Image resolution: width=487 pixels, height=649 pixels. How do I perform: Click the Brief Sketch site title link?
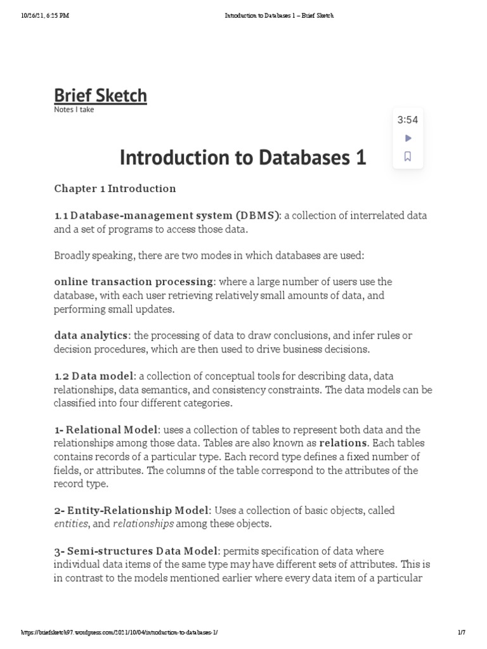coord(100,96)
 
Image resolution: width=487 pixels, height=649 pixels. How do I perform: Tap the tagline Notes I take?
coord(74,110)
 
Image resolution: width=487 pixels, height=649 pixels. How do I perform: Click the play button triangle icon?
coord(408,138)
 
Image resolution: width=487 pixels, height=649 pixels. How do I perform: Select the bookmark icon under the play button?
coord(408,157)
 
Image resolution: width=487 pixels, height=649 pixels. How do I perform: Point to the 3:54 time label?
coord(408,120)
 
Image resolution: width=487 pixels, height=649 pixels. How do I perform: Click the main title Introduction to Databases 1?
coord(243,157)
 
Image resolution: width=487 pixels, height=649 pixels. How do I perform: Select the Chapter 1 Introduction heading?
coord(115,188)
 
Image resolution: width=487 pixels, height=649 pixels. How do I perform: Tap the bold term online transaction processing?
coord(133,281)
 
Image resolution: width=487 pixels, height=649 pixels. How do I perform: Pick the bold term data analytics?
coord(91,335)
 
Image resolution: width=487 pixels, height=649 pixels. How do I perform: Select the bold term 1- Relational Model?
coord(105,430)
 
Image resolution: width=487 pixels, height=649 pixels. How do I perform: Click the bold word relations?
coord(342,443)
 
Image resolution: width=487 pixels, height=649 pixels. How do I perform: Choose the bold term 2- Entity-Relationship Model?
coord(131,510)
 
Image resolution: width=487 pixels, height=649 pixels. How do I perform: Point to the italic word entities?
coord(71,524)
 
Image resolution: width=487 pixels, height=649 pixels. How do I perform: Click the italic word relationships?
coord(143,524)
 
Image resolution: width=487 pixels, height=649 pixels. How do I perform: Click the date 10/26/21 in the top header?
coord(34,16)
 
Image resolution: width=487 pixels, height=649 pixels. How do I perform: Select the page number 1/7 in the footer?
coord(461,633)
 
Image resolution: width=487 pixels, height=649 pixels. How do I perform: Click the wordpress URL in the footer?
coord(120,633)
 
